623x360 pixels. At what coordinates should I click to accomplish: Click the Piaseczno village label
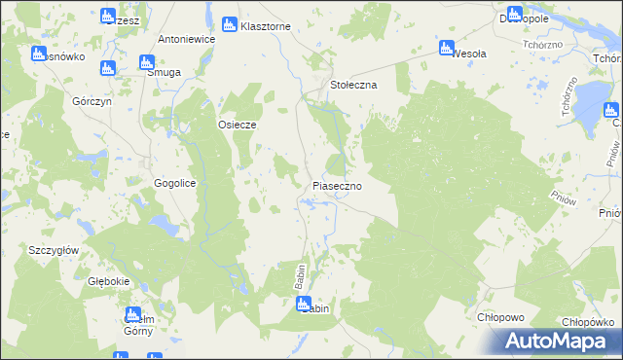pyautogui.click(x=338, y=185)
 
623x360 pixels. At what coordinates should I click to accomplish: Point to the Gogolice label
pyautogui.click(x=175, y=183)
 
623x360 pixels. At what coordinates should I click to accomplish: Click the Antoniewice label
pyautogui.click(x=186, y=40)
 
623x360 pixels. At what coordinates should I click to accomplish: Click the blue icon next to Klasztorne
pyautogui.click(x=230, y=24)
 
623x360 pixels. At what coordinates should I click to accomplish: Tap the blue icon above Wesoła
pyautogui.click(x=447, y=47)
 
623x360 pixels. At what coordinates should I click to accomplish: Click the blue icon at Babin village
pyautogui.click(x=303, y=304)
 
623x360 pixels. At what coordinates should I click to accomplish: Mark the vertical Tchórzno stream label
pyautogui.click(x=565, y=98)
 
